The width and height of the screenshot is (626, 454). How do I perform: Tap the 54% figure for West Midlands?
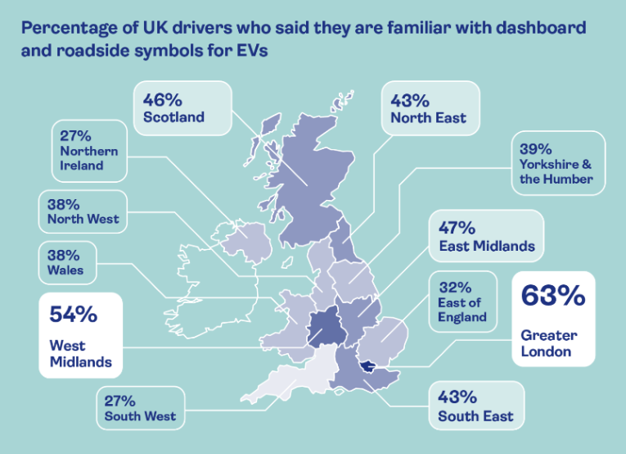coord(74,314)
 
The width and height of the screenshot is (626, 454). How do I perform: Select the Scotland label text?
coord(173,117)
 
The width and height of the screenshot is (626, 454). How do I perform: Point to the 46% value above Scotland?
coord(162,100)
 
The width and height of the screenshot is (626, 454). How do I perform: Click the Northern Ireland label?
coord(88,158)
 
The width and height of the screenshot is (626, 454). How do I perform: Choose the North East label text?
coord(428,118)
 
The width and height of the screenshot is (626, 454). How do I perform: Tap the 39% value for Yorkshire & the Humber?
coord(536,150)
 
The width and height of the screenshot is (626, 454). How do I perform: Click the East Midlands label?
coord(487,246)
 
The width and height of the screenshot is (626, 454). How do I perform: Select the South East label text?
coord(475,416)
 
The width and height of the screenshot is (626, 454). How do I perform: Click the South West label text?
coord(140,416)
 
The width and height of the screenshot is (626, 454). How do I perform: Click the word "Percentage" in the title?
coord(71,27)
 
